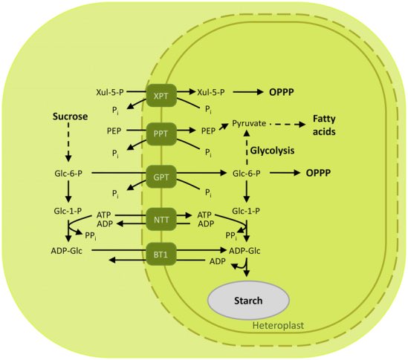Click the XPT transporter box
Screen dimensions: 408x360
click(x=161, y=96)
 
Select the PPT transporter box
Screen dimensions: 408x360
click(x=161, y=134)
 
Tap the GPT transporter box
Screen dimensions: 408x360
click(x=161, y=177)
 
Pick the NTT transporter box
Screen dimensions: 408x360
click(x=161, y=220)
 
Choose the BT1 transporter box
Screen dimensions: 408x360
click(x=161, y=254)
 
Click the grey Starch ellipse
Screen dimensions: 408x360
click(x=248, y=300)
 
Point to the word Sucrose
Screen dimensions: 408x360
click(x=70, y=117)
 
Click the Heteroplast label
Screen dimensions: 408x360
click(x=278, y=325)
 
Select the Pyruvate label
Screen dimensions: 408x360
click(x=249, y=123)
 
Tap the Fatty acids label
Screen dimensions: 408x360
click(x=324, y=125)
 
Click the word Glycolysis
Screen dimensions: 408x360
click(x=272, y=151)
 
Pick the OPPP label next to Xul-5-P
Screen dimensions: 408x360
click(x=281, y=92)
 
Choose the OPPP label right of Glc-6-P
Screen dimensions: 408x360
click(x=318, y=173)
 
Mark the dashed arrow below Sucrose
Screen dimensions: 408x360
click(x=68, y=142)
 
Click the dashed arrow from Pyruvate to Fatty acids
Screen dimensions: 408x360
click(x=288, y=125)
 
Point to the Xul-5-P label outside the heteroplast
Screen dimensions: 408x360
click(x=110, y=92)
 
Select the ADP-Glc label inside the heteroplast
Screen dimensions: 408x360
click(x=245, y=251)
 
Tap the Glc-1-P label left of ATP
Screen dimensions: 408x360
click(x=68, y=211)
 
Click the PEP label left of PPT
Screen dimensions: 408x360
click(x=114, y=131)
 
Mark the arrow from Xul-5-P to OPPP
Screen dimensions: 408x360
click(x=248, y=92)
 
